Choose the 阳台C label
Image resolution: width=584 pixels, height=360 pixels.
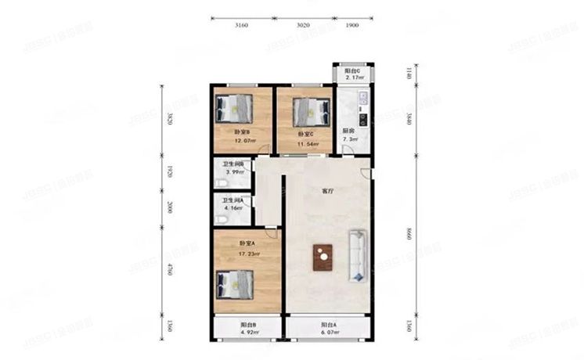[x=352, y=70]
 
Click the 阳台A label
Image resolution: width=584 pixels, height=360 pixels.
[x=328, y=326]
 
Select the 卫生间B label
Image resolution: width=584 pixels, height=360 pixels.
[x=235, y=164]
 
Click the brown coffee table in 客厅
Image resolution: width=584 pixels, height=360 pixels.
[x=323, y=257]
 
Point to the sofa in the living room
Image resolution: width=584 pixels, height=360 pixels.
[x=356, y=256]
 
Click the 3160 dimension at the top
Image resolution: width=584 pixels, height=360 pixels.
[x=242, y=26]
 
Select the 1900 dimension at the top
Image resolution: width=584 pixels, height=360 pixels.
[x=351, y=26]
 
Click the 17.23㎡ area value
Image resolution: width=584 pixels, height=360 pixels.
[x=249, y=254]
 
